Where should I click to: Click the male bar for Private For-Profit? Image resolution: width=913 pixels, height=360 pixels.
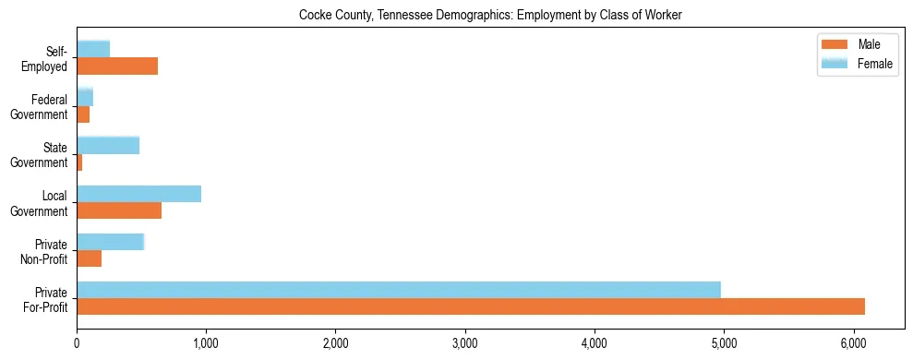471,306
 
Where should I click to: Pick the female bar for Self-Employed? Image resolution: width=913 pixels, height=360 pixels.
93,49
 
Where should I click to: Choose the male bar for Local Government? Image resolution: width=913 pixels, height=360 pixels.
119,210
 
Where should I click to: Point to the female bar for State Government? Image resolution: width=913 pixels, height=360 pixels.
108,145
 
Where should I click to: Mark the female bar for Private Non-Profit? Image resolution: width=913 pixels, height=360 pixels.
111,241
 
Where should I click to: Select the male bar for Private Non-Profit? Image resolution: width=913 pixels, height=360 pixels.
90,258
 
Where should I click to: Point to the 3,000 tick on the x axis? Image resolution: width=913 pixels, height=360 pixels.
464,342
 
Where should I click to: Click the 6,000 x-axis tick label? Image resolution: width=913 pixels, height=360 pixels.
853,342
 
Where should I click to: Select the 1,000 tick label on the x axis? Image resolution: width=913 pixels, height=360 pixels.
206,342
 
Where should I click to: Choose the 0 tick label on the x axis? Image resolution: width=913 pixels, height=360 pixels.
77,342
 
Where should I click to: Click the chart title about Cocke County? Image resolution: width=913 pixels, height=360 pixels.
490,16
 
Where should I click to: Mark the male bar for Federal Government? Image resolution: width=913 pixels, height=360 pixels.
83,114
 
